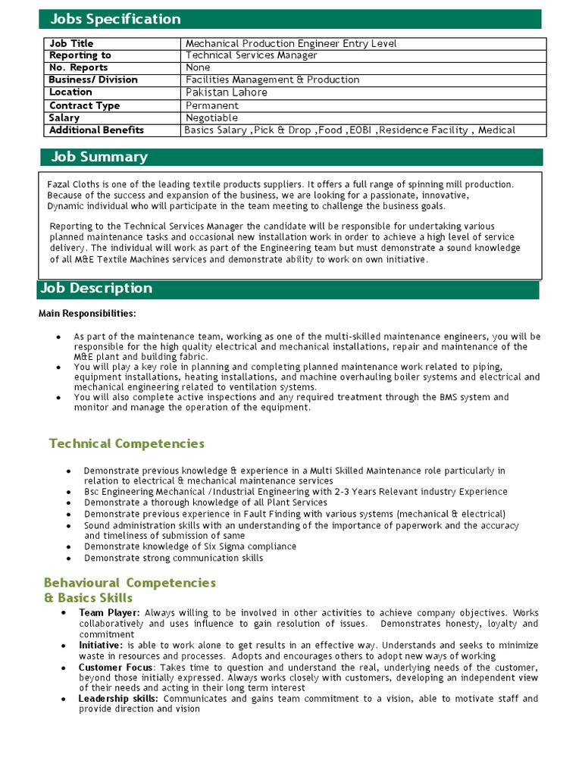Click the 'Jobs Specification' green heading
click(115, 19)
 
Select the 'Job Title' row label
click(71, 44)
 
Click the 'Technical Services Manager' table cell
click(252, 55)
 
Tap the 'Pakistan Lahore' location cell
click(227, 92)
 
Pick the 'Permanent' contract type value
click(212, 105)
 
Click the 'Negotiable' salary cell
click(212, 118)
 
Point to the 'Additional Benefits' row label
click(96, 130)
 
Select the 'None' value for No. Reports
click(199, 67)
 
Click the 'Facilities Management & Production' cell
click(273, 80)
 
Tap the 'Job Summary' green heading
click(99, 157)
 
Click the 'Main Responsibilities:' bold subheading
click(87, 314)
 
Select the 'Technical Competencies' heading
click(127, 443)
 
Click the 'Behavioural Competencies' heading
click(130, 583)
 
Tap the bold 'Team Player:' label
click(109, 612)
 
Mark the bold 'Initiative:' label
click(106, 645)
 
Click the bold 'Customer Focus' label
click(115, 667)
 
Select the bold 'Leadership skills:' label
click(118, 699)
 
